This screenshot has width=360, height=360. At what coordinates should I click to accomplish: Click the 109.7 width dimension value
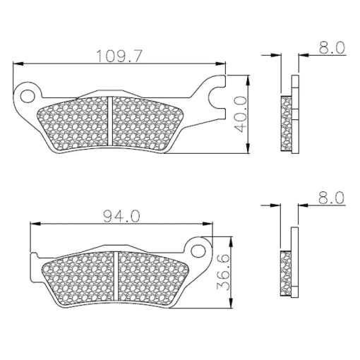pyautogui.click(x=119, y=56)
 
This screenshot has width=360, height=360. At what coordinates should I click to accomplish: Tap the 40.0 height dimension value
pyautogui.click(x=241, y=114)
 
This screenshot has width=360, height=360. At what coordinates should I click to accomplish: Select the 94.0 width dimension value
pyautogui.click(x=121, y=217)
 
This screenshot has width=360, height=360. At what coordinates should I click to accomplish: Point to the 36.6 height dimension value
pyautogui.click(x=222, y=272)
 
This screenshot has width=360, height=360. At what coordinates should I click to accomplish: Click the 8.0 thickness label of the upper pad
pyautogui.click(x=332, y=47)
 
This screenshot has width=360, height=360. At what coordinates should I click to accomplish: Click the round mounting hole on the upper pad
pyautogui.click(x=27, y=96)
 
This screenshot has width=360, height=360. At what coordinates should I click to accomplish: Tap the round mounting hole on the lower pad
pyautogui.click(x=198, y=251)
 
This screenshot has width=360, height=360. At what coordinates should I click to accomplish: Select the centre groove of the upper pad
pyautogui.click(x=110, y=121)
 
